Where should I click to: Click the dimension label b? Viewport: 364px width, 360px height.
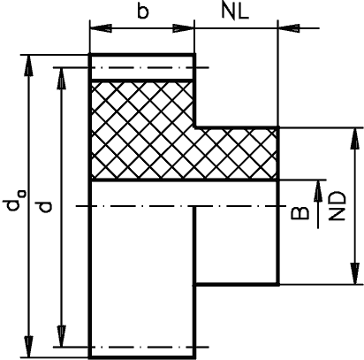pyautogui.click(x=143, y=12)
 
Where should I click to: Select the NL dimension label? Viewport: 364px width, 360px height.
pyautogui.click(x=235, y=12)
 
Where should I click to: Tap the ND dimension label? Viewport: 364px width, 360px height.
pyautogui.click(x=337, y=206)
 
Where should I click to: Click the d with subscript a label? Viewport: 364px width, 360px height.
pyautogui.click(x=14, y=201)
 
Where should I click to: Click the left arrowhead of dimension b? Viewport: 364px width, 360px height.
pyautogui.click(x=101, y=28)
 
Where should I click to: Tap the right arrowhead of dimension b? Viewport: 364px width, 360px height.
pyautogui.click(x=183, y=28)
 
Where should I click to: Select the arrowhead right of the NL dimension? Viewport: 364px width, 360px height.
pyautogui.click(x=289, y=28)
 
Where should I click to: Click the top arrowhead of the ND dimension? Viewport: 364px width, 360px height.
pyautogui.click(x=355, y=139)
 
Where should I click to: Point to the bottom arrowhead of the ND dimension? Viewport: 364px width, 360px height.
pyautogui.click(x=355, y=273)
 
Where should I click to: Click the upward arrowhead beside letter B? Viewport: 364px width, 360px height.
pyautogui.click(x=318, y=191)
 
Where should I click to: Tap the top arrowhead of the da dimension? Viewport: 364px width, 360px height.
pyautogui.click(x=28, y=65)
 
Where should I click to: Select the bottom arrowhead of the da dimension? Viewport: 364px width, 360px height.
pyautogui.click(x=28, y=346)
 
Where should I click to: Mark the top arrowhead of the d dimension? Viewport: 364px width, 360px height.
pyautogui.click(x=61, y=79)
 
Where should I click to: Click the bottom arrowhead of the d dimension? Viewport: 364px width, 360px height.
pyautogui.click(x=61, y=336)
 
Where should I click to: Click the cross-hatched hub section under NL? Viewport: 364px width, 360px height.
pyautogui.click(x=236, y=154)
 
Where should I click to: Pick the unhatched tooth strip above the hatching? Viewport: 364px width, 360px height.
pyautogui.click(x=142, y=67)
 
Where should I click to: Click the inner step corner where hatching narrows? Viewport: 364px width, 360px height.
pyautogui.click(x=194, y=127)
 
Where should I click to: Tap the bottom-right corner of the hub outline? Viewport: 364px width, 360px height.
pyautogui.click(x=278, y=284)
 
